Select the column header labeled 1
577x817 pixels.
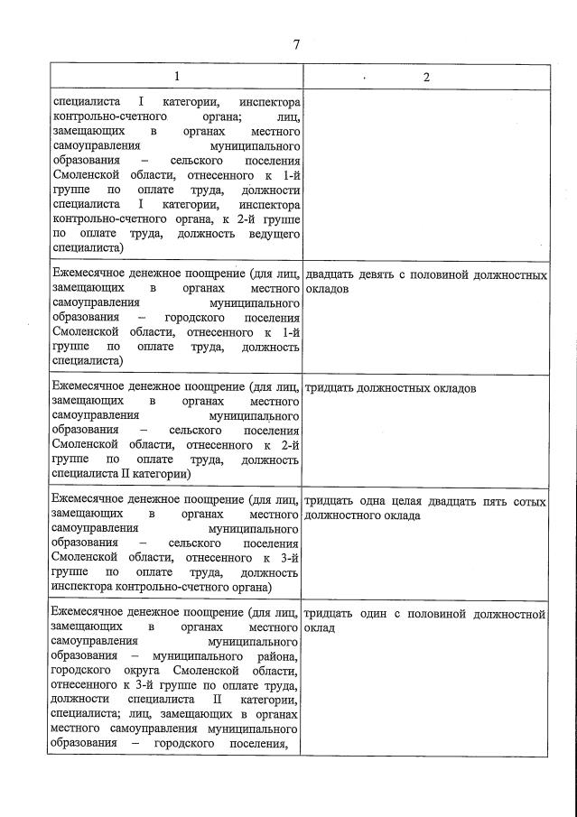tap(176, 77)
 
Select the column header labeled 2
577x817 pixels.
tap(426, 77)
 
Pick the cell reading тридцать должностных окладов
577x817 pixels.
tap(391, 388)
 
